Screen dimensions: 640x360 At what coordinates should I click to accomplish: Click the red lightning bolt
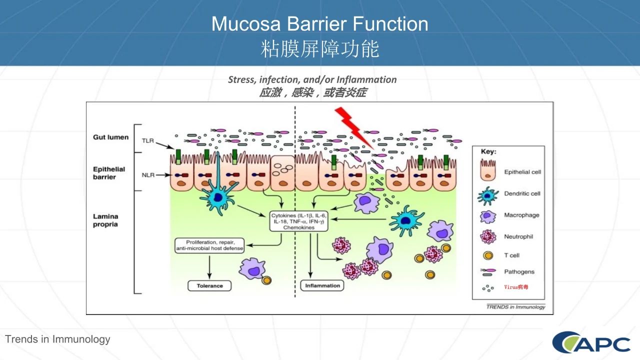353,127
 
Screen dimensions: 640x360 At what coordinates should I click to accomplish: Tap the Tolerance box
209,285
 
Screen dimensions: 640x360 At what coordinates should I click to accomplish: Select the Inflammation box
322,285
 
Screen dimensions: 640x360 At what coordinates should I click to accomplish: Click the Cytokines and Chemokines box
298,221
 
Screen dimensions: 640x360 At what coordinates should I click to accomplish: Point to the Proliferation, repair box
209,245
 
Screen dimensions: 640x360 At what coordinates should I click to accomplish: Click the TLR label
148,140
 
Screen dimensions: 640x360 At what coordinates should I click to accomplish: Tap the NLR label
148,175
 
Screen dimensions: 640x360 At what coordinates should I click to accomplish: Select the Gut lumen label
110,137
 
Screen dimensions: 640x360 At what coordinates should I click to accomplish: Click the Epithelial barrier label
109,173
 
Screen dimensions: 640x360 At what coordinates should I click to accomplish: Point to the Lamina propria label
105,220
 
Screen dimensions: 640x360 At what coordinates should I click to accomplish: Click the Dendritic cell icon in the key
488,195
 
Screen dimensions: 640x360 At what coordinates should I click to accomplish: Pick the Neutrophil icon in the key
488,236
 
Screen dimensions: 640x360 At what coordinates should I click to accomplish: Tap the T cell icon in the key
488,255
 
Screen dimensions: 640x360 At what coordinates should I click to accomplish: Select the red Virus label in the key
516,287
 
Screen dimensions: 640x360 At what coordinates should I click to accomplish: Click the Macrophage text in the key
521,215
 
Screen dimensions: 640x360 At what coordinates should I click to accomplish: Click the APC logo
591,342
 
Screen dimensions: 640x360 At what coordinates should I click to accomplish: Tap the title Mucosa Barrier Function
319,23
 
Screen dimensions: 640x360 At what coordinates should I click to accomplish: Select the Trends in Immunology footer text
57,339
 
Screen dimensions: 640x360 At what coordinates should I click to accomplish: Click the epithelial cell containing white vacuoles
282,173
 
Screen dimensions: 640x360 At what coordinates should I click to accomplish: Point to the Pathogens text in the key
519,271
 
